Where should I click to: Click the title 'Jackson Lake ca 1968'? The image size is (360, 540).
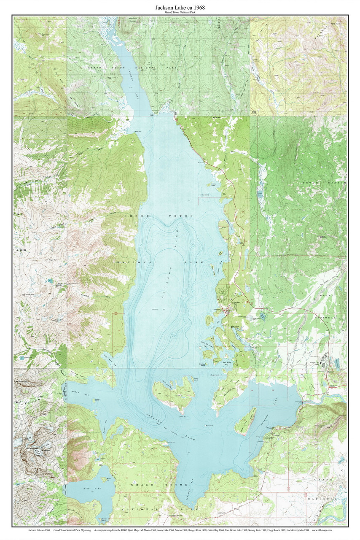[180, 7]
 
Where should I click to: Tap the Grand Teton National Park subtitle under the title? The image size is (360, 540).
[180, 13]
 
